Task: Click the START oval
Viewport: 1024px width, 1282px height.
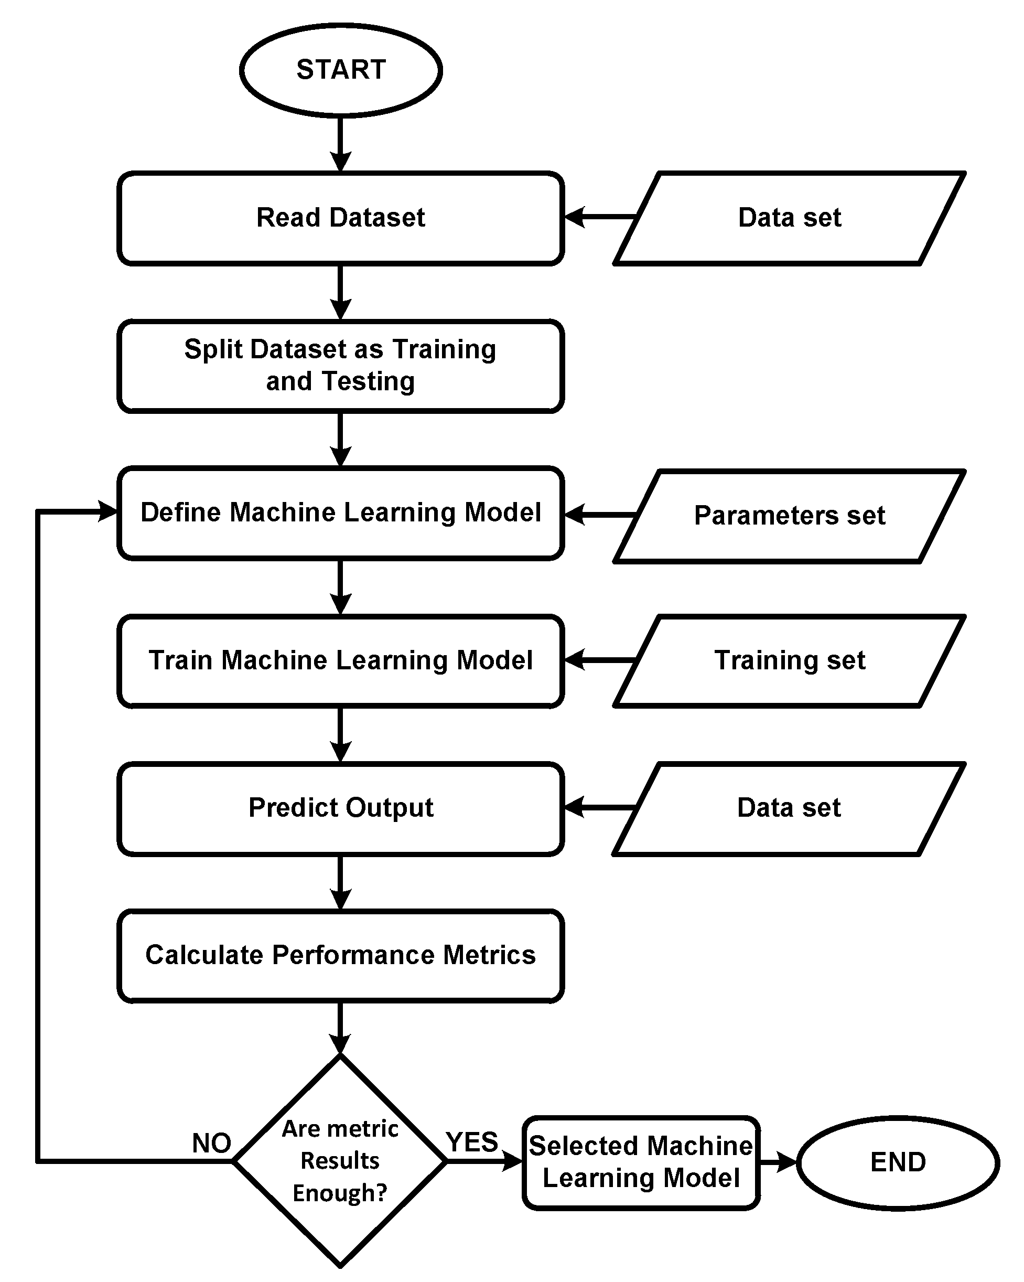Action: tap(340, 70)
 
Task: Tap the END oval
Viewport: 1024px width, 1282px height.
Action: tap(898, 1162)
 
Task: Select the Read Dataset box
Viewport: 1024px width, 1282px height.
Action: tap(340, 218)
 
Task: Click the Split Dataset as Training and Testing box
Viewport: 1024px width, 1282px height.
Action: tap(340, 366)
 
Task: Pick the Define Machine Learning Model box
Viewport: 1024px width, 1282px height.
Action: tap(340, 512)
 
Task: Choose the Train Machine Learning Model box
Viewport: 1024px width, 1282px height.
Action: tap(340, 660)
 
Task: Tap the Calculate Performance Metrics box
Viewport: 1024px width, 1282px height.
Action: tap(340, 955)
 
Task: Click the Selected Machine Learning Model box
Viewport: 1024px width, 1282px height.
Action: tap(641, 1162)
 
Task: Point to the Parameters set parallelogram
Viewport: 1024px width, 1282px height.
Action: tap(789, 516)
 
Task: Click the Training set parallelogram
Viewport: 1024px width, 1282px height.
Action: tap(789, 660)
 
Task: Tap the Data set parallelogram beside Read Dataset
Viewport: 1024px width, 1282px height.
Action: tap(789, 218)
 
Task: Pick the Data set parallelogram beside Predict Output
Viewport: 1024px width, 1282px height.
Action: tap(789, 808)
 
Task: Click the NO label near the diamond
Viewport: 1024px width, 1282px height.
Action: tap(212, 1143)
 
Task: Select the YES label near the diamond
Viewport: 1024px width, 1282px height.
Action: tap(472, 1141)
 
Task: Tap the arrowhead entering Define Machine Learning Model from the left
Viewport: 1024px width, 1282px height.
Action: tap(107, 511)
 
